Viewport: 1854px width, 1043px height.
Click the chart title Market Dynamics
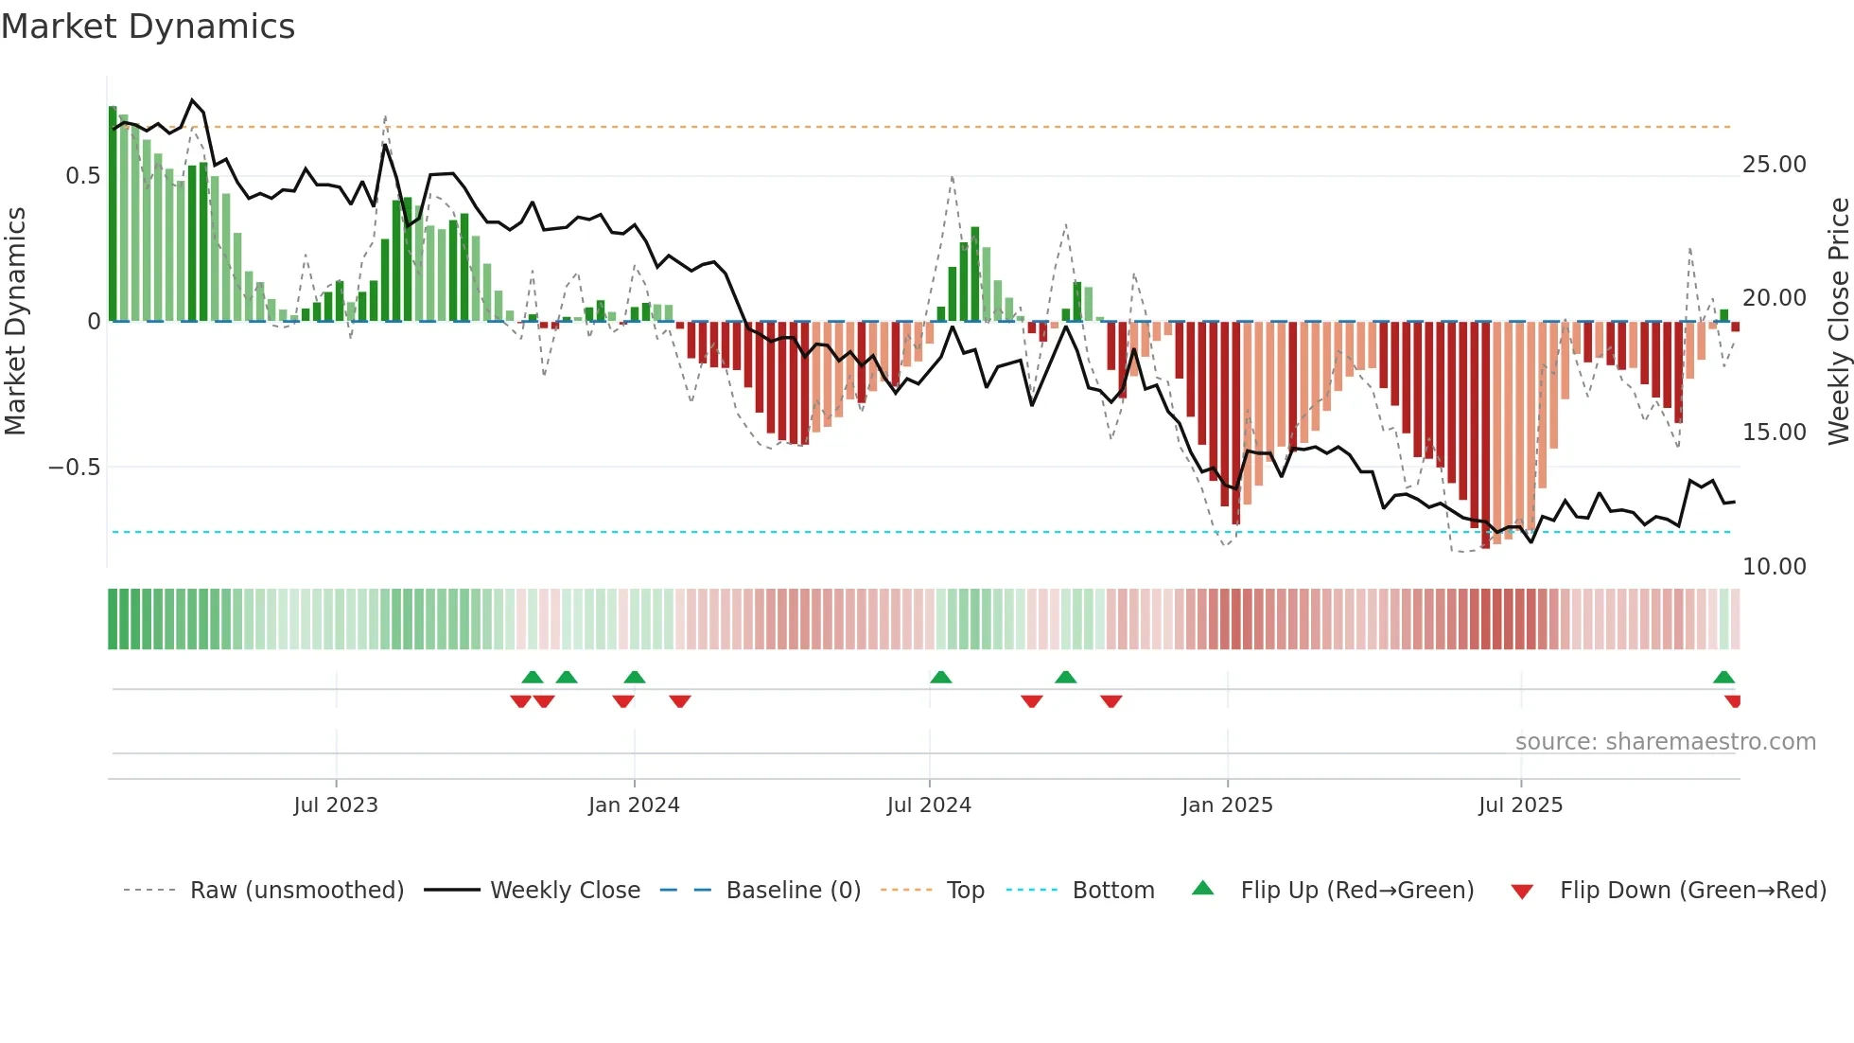(148, 27)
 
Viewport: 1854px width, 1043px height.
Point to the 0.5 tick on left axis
(82, 176)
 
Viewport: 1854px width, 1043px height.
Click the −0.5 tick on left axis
(74, 468)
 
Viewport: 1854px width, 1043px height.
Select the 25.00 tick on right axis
(1775, 165)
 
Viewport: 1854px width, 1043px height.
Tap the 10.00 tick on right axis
(1775, 567)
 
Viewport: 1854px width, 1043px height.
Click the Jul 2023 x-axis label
(336, 805)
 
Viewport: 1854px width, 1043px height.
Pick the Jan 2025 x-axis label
(1227, 805)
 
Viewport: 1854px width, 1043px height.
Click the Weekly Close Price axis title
(1838, 321)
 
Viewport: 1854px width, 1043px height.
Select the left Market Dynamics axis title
(15, 321)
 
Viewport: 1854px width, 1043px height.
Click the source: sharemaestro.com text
(1665, 742)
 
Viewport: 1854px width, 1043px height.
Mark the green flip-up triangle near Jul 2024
(940, 677)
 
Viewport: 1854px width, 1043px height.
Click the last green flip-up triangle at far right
(1723, 677)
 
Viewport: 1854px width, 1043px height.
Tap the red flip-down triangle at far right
(1733, 701)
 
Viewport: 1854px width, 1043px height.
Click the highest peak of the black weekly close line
(193, 99)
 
